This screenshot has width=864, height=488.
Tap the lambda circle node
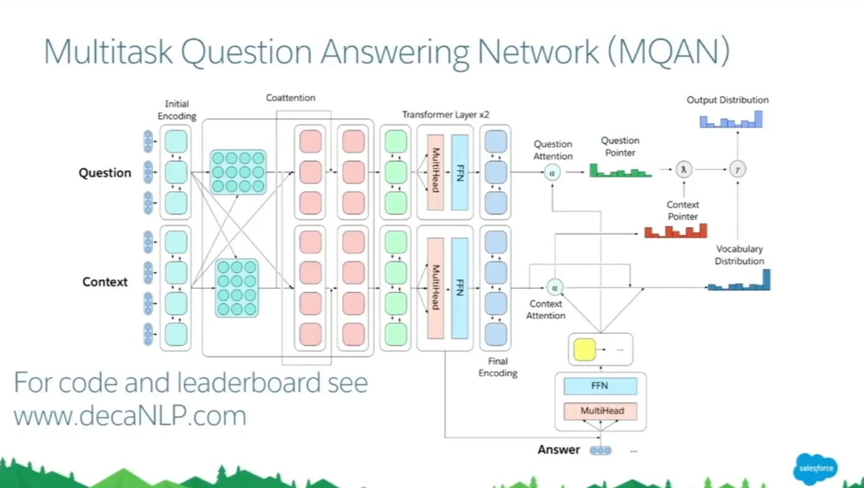pos(683,170)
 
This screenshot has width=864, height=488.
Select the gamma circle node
pos(737,170)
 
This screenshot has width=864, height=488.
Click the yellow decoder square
pos(584,349)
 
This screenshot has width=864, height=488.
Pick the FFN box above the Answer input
pos(600,386)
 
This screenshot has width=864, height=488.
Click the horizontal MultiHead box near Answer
pos(600,411)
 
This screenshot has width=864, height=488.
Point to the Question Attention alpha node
pos(552,173)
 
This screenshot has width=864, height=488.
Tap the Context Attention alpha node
pos(555,288)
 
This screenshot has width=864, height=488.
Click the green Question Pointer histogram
pos(620,170)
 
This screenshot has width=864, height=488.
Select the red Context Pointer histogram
pos(676,230)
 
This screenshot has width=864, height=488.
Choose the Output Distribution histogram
pos(731,119)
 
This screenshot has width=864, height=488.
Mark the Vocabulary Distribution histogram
pos(739,280)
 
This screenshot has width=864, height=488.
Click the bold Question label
pos(105,173)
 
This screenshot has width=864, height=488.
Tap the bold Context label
pos(105,282)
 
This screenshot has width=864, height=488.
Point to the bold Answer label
pos(559,450)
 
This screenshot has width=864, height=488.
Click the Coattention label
pos(290,98)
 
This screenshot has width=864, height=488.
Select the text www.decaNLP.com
pos(130,416)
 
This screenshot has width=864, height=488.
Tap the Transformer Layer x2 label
pos(446,115)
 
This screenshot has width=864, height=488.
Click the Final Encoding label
pos(497,367)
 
